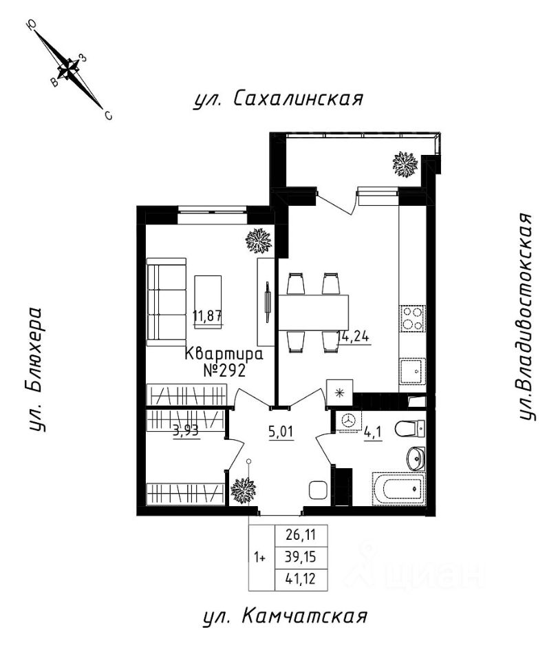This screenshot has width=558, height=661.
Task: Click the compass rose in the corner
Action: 68,69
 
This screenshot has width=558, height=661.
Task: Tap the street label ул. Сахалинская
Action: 279,99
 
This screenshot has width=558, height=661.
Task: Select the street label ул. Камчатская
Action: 285,617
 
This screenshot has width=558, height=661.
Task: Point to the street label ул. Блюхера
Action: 36,369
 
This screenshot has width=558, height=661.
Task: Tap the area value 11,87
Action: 208,316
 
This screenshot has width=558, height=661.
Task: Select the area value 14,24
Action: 354,337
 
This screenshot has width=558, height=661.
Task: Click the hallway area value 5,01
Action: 281,431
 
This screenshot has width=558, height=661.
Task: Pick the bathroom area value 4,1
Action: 374,433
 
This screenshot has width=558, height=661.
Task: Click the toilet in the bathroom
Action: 410,429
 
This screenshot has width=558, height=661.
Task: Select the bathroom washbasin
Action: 416,457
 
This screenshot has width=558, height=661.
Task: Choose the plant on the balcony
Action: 405,165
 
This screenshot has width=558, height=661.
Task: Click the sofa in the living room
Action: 167,302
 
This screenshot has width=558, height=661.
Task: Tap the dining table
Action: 314,313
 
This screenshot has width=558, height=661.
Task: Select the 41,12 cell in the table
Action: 301,579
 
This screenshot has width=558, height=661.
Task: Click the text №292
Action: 224,370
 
